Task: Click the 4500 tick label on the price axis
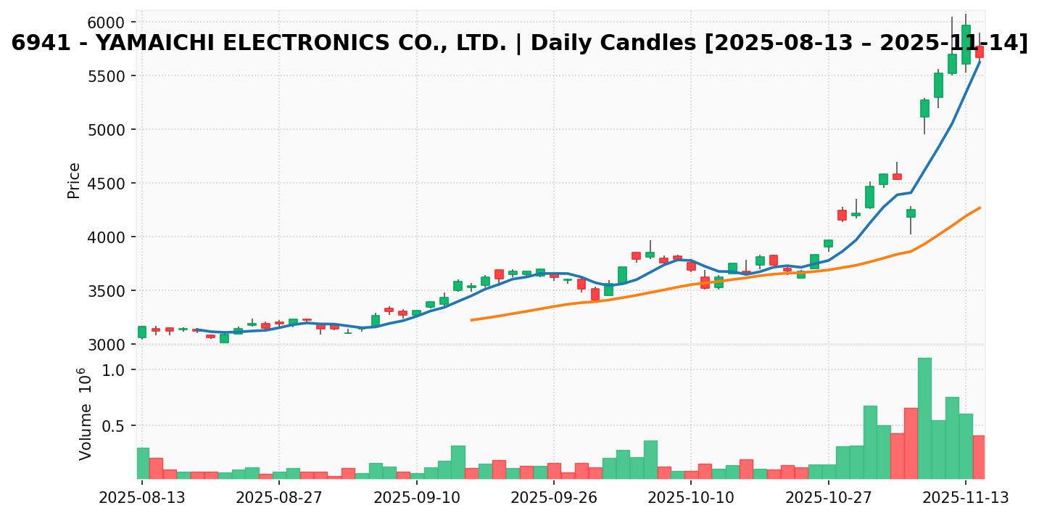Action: click(x=107, y=184)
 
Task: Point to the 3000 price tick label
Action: click(x=107, y=345)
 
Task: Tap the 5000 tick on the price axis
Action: click(x=107, y=130)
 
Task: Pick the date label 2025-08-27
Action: click(x=278, y=499)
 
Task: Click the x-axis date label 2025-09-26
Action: click(x=553, y=499)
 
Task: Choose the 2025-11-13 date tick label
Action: click(x=966, y=499)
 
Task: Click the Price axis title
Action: click(x=74, y=180)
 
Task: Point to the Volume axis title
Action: click(x=86, y=414)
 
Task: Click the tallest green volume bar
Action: click(x=924, y=418)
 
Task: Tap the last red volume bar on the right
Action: click(x=979, y=457)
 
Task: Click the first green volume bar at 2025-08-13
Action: click(x=143, y=463)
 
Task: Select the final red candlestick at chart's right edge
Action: click(x=980, y=52)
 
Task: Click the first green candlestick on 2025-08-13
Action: click(x=142, y=332)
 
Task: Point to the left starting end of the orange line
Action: click(x=471, y=319)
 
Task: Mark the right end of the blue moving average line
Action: click(x=980, y=62)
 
